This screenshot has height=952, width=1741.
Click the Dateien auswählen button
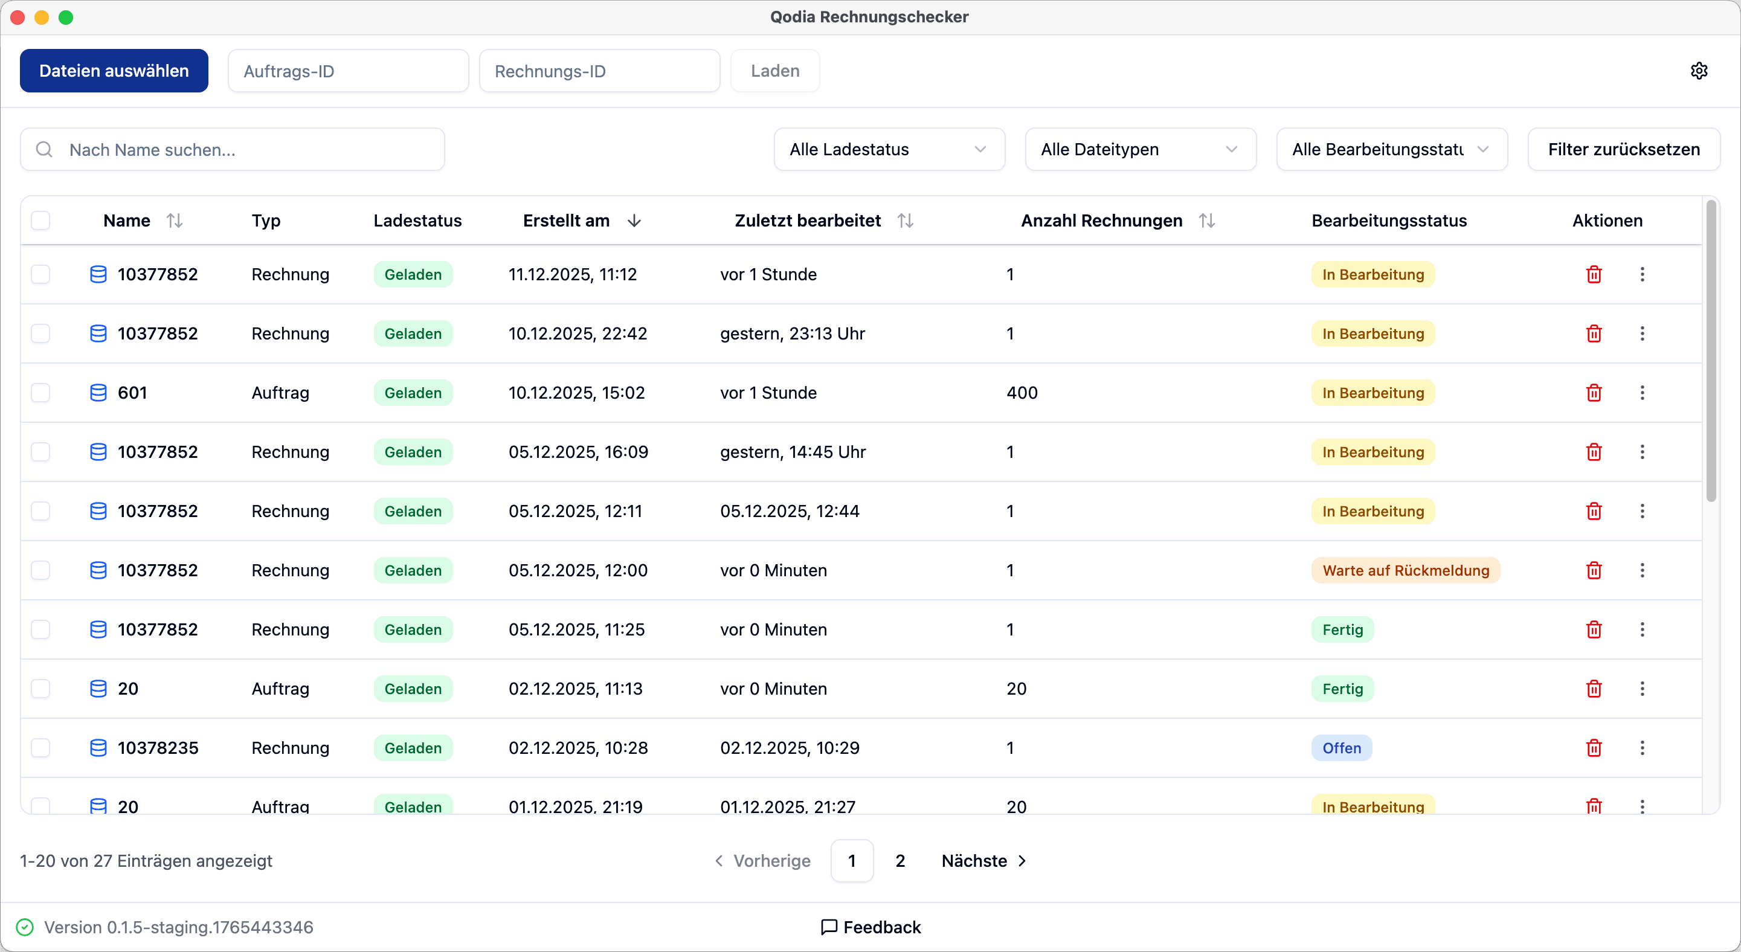114,71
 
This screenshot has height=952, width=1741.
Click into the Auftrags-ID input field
348,71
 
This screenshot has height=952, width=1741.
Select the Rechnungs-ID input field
599,71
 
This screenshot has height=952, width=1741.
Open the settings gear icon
1699,71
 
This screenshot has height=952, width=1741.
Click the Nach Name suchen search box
233,149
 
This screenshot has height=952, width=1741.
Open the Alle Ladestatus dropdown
889,149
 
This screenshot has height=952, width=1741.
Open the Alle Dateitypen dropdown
1140,149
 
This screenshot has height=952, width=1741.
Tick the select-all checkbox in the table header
40,221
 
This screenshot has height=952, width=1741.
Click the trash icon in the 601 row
1594,393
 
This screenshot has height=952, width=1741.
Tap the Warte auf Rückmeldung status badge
1405,570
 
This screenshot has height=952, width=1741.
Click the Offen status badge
1341,748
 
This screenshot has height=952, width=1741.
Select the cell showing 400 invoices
1022,393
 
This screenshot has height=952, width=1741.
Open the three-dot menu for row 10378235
1642,748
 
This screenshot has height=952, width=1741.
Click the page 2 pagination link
899,861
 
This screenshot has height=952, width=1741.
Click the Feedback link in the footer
870,927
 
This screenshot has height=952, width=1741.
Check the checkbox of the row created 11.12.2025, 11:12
40,274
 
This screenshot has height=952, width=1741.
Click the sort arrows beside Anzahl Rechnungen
1206,221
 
